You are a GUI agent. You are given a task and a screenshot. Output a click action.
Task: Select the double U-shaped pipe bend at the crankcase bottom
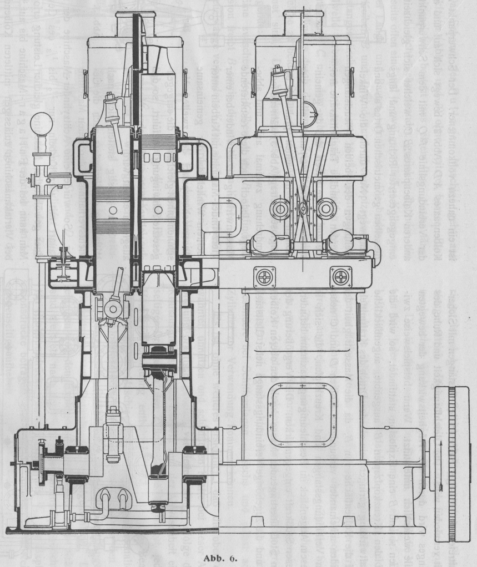114,498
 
